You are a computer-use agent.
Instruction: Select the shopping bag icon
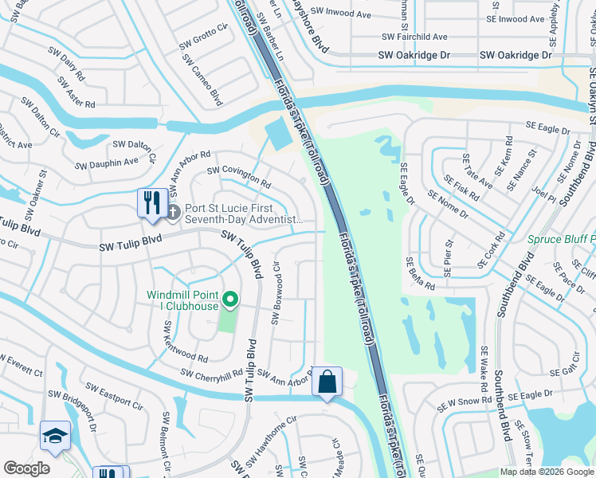click(x=327, y=381)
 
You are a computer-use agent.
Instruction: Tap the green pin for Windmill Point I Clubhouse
click(x=230, y=300)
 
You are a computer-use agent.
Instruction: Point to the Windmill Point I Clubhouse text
click(x=182, y=300)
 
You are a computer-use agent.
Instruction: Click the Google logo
click(x=26, y=468)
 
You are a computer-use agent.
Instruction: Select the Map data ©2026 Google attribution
click(x=547, y=472)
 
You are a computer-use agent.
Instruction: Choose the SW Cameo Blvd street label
click(x=202, y=79)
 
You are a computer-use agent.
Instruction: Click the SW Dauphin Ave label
click(x=107, y=163)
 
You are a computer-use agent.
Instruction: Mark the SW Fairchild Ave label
click(x=414, y=37)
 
